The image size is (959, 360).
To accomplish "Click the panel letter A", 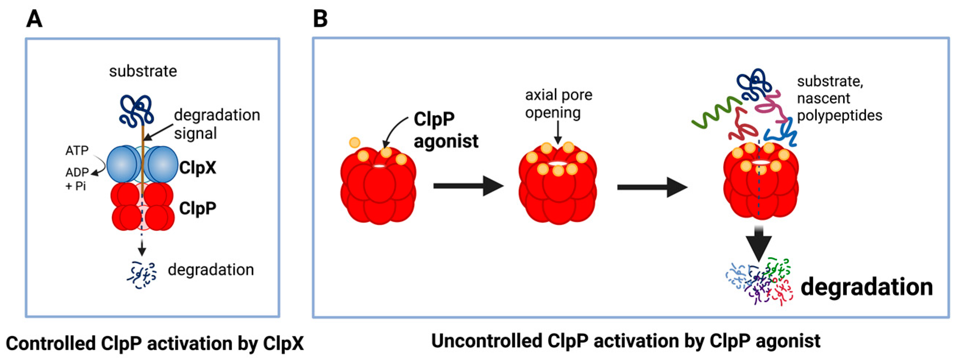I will point(34,19).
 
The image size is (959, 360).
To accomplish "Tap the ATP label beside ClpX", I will point(77,150).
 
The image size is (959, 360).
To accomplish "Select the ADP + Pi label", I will point(77,179).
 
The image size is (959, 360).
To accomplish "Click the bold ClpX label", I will point(197,168).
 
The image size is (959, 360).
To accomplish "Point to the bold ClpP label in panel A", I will point(197,208).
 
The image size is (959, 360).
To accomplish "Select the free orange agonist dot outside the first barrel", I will point(354,142).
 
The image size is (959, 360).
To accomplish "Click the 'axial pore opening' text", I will point(559,103).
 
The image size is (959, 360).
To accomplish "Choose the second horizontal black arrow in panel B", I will point(652,187).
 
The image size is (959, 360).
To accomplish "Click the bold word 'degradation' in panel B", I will point(867,287).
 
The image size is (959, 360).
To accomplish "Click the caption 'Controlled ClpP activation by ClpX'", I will point(154,343).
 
